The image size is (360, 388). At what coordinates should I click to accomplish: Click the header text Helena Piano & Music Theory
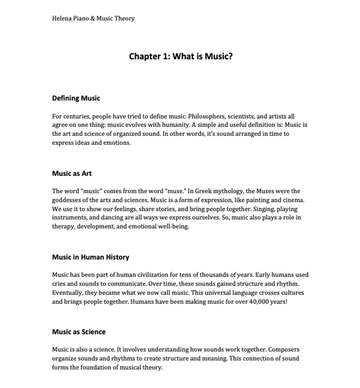(93, 19)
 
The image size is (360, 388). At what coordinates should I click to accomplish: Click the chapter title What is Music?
(181, 56)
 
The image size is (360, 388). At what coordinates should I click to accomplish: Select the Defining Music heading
(76, 98)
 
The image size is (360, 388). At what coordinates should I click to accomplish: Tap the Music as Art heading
(72, 174)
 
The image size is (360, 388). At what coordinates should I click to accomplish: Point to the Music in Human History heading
(91, 257)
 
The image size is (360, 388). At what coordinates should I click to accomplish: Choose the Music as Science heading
(79, 332)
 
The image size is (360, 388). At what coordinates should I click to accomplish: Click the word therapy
(63, 226)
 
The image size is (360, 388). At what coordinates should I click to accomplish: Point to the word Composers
(283, 350)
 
